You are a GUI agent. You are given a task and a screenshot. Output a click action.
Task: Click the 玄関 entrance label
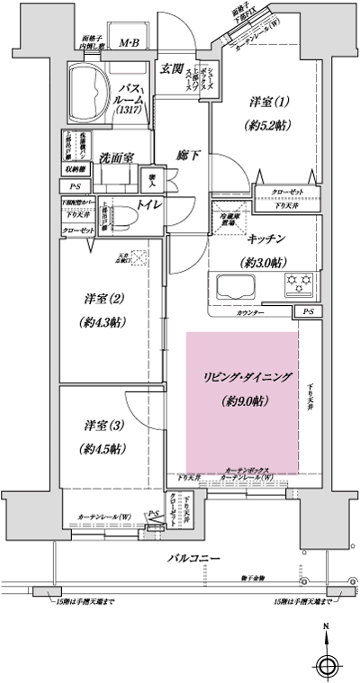pyautogui.click(x=172, y=68)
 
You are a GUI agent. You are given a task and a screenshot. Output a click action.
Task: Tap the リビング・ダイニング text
pyautogui.click(x=242, y=379)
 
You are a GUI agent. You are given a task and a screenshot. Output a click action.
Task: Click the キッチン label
pyautogui.click(x=266, y=238)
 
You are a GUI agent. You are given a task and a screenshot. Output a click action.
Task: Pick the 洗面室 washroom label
pyautogui.click(x=116, y=157)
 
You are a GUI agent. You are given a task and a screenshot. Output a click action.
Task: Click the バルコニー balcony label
pyautogui.click(x=193, y=559)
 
